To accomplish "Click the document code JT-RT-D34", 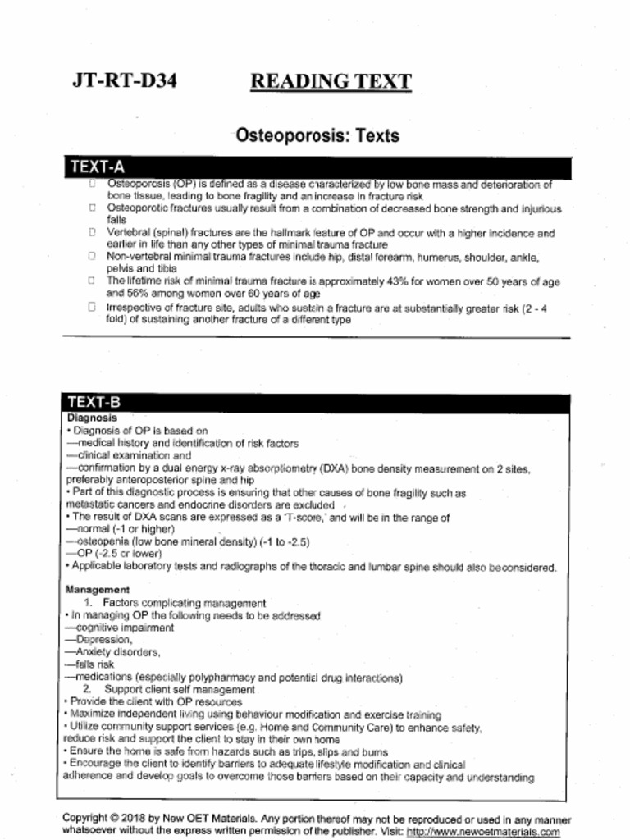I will point(124,81).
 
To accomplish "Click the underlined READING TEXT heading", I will point(330,81).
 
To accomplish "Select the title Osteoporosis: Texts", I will point(317,135).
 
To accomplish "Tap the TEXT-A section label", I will point(97,167).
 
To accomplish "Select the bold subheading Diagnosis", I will point(92,418).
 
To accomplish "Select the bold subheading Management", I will point(98,590).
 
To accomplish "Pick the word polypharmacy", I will point(226,678).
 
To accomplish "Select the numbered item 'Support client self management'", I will point(180,690).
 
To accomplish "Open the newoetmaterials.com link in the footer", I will point(483,831).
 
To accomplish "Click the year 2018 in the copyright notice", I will point(130,819).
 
